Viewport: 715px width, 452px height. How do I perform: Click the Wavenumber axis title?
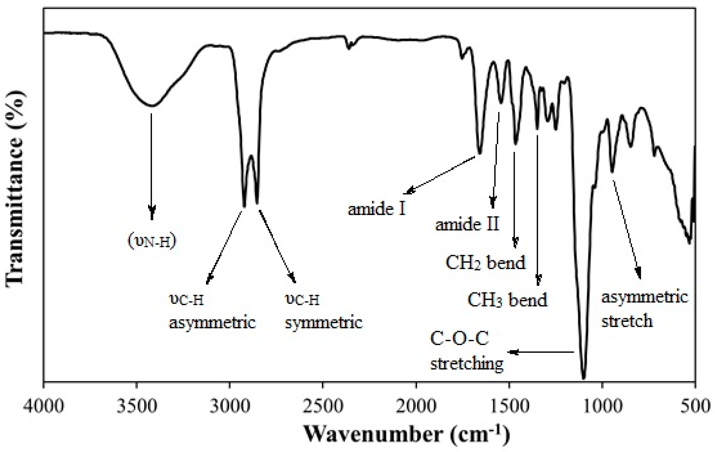click(407, 436)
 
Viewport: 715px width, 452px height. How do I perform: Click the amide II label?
click(467, 224)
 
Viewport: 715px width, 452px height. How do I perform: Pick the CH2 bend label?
click(486, 262)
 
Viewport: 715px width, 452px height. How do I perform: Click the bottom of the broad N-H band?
click(152, 106)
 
